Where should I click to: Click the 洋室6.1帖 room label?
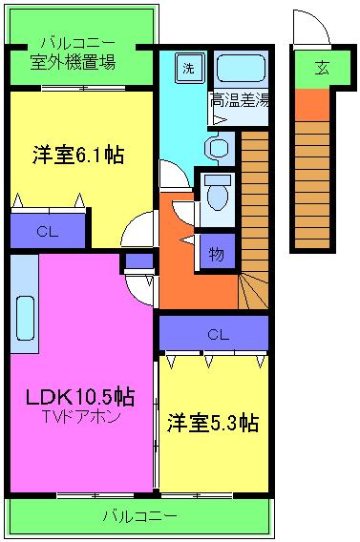point(80,154)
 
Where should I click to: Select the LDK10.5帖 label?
point(79,396)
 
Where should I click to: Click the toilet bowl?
point(219,194)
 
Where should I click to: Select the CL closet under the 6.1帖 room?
point(47,230)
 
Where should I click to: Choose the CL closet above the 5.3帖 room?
point(219,335)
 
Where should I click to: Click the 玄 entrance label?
point(323,67)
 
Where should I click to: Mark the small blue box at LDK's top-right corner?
point(138,261)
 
